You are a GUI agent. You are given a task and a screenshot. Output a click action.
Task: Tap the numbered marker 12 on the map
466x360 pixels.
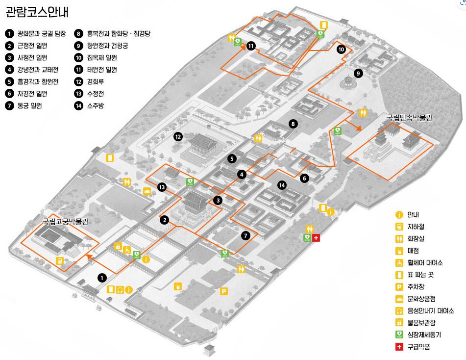pyautogui.click(x=178, y=137)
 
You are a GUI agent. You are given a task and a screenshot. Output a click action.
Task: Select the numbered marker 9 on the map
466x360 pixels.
pyautogui.click(x=358, y=74)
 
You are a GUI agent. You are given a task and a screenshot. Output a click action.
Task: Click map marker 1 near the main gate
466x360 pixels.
pyautogui.click(x=102, y=278)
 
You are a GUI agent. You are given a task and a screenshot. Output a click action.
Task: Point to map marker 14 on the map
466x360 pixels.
pyautogui.click(x=281, y=185)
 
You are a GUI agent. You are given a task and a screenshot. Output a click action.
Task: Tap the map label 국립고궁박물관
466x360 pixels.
pyautogui.click(x=65, y=222)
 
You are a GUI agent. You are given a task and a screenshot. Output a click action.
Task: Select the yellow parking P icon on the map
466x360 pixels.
pyautogui.click(x=224, y=291)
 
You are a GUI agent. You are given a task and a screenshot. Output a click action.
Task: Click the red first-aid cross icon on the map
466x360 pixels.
pyautogui.click(x=316, y=238)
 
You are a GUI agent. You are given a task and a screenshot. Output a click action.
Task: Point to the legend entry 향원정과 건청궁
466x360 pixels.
pyautogui.click(x=108, y=46)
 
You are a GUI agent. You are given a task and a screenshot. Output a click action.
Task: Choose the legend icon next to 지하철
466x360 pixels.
pyautogui.click(x=399, y=227)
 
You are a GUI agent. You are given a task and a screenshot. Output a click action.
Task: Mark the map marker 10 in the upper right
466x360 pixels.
pyautogui.click(x=341, y=50)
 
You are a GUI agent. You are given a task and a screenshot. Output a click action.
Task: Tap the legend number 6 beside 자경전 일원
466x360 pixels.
pyautogui.click(x=9, y=93)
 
